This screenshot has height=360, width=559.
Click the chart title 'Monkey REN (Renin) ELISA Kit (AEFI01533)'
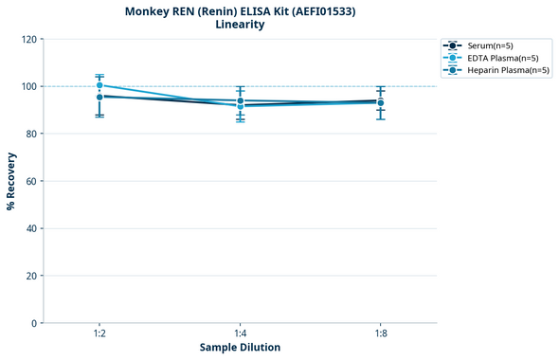pyautogui.click(x=240, y=11)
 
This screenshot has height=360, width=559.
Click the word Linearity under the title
pyautogui.click(x=240, y=25)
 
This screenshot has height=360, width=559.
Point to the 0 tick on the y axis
pyautogui.click(x=34, y=323)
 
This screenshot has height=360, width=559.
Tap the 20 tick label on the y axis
pyautogui.click(x=31, y=276)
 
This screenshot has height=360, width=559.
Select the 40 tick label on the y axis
pyautogui.click(x=31, y=228)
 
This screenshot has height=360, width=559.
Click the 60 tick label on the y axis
pyautogui.click(x=31, y=181)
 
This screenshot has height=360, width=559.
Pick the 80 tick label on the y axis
pyautogui.click(x=31, y=134)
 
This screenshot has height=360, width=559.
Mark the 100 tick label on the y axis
pyautogui.click(x=28, y=86)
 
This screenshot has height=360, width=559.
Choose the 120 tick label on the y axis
pyautogui.click(x=28, y=39)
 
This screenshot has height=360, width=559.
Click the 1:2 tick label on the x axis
pyautogui.click(x=99, y=333)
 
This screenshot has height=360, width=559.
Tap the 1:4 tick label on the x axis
pyautogui.click(x=240, y=333)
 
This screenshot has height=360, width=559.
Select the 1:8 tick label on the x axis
pyautogui.click(x=380, y=333)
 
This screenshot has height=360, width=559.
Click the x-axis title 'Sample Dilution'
pyautogui.click(x=240, y=348)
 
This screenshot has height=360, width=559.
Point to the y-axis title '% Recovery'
pyautogui.click(x=11, y=181)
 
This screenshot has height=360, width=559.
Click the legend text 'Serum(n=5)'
pyautogui.click(x=491, y=45)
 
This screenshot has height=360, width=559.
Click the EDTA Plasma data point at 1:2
pyautogui.click(x=99, y=85)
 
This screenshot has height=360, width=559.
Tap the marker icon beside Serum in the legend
pyautogui.click(x=454, y=45)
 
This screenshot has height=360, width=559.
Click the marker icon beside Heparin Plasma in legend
pyautogui.click(x=454, y=70)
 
